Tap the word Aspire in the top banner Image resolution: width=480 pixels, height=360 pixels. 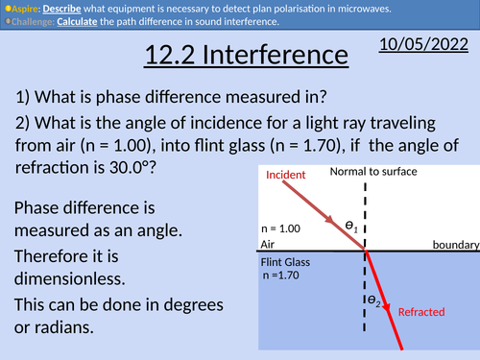(24, 6)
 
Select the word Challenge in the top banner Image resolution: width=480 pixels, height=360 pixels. (33, 19)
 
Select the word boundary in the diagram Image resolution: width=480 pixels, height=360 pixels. (454, 245)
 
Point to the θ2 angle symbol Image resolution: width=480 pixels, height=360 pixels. (372, 300)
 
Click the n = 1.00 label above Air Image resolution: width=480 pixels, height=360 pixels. (281, 229)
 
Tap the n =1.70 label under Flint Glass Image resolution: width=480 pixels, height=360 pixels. (288, 276)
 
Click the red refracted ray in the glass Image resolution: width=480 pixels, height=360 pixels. (383, 298)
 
